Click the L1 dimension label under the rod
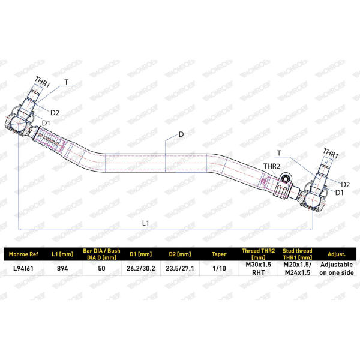pyautogui.click(x=146, y=223)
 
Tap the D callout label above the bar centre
pyautogui.click(x=181, y=134)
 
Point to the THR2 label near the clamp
pyautogui.click(x=272, y=166)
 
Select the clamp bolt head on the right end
pyautogui.click(x=286, y=178)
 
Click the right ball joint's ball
pyautogui.click(x=312, y=200)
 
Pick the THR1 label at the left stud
pyautogui.click(x=42, y=82)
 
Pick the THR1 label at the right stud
pyautogui.click(x=331, y=154)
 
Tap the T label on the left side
pyautogui.click(x=67, y=82)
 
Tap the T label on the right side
pyautogui.click(x=279, y=153)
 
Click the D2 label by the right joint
pyautogui.click(x=346, y=185)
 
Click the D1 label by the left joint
pyautogui.click(x=46, y=123)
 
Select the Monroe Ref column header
pyautogui.click(x=23, y=254)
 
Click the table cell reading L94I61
pyautogui.click(x=23, y=268)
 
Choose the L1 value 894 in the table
pyautogui.click(x=62, y=268)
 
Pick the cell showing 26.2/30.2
pyautogui.click(x=141, y=268)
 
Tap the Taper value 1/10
pyautogui.click(x=219, y=268)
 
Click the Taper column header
pyautogui.click(x=219, y=254)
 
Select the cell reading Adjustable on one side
pyautogui.click(x=337, y=268)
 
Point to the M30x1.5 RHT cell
pyautogui.click(x=258, y=268)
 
